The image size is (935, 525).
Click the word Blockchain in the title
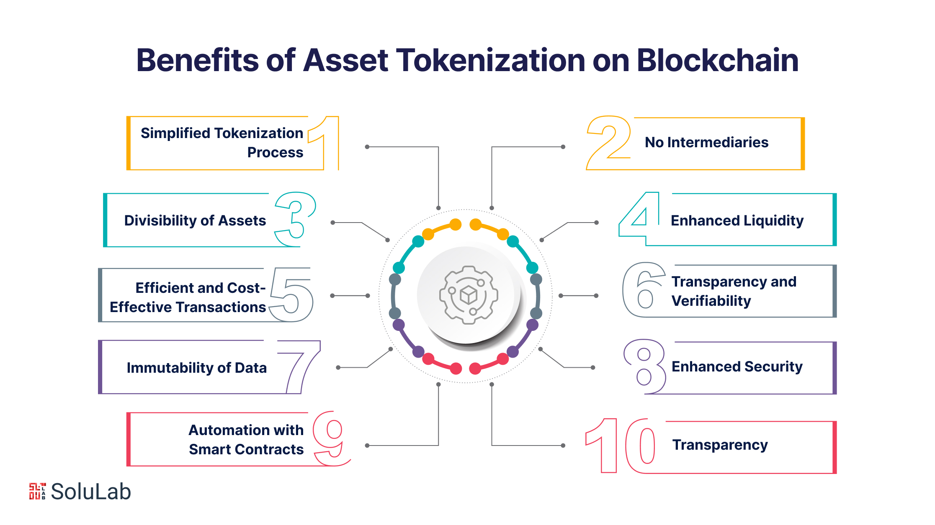(x=717, y=60)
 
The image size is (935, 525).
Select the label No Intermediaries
(x=706, y=142)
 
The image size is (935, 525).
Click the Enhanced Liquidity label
(x=737, y=220)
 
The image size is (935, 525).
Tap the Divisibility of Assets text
(x=195, y=220)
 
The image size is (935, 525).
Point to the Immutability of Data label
(x=197, y=368)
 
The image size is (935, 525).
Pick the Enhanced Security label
(x=737, y=366)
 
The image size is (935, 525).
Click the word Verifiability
(x=711, y=301)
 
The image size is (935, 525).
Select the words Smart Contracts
(x=246, y=449)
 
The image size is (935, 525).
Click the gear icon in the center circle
(x=469, y=295)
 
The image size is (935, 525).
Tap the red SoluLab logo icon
(x=37, y=491)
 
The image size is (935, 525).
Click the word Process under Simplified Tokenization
(x=275, y=152)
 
